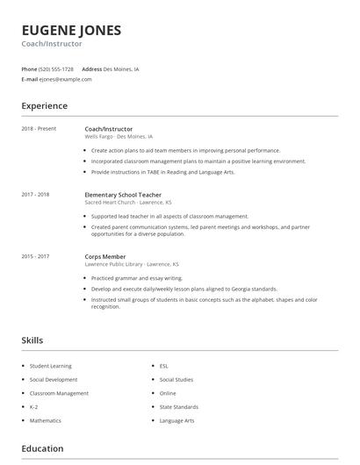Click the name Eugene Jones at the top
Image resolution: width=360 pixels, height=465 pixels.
pyautogui.click(x=71, y=29)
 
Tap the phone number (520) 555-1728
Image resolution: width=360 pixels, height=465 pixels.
pyautogui.click(x=56, y=68)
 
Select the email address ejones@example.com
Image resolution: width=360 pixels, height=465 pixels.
pyautogui.click(x=65, y=79)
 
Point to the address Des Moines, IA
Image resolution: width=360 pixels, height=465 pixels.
pyautogui.click(x=121, y=68)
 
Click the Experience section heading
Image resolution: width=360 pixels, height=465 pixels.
pyautogui.click(x=44, y=106)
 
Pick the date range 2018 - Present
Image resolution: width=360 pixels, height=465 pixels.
pyautogui.click(x=39, y=129)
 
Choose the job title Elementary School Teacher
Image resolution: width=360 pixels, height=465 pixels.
pyautogui.click(x=124, y=194)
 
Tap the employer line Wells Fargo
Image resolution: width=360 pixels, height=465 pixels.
pyautogui.click(x=119, y=137)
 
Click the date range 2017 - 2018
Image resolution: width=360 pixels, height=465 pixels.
pyautogui.click(x=35, y=194)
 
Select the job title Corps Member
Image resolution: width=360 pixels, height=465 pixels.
pyautogui.click(x=105, y=256)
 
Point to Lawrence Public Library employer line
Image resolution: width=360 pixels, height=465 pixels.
pyautogui.click(x=132, y=264)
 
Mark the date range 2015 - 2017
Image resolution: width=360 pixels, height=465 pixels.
pyautogui.click(x=35, y=256)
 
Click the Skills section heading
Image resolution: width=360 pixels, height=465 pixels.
pyautogui.click(x=32, y=340)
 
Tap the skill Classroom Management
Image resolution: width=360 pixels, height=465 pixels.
pyautogui.click(x=59, y=393)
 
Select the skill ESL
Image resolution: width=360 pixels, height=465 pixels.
pyautogui.click(x=164, y=366)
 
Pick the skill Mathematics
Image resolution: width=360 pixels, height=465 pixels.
pyautogui.click(x=46, y=420)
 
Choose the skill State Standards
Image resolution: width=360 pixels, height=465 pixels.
pyautogui.click(x=178, y=407)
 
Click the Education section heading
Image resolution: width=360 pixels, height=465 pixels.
pyautogui.click(x=42, y=448)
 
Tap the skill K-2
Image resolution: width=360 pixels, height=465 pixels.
pyautogui.click(x=34, y=407)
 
